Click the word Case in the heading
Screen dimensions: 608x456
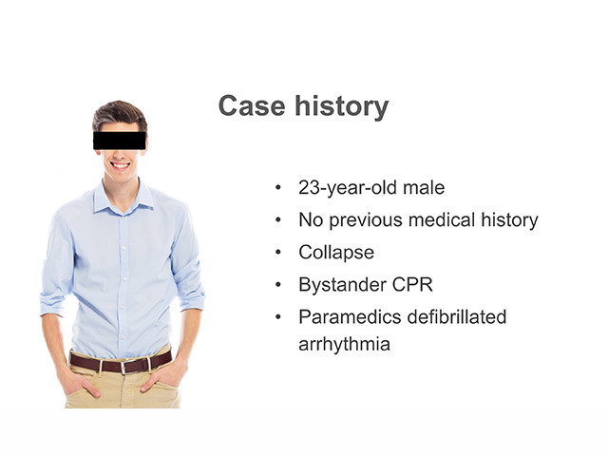tap(252, 105)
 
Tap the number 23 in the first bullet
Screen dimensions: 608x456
tap(310, 188)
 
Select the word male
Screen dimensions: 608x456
tap(424, 188)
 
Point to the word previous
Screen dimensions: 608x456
tap(366, 220)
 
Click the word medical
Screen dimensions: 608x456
tap(442, 219)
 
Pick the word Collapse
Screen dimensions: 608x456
tap(336, 253)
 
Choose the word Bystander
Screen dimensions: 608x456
tap(342, 285)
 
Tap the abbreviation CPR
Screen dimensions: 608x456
tap(412, 285)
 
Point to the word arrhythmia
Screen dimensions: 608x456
tap(344, 344)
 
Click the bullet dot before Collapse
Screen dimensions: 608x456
tap(278, 253)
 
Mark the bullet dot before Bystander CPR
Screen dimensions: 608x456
tap(278, 285)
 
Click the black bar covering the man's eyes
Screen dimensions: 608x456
tap(120, 141)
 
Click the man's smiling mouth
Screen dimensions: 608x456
tap(120, 166)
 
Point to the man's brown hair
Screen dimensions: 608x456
tap(120, 115)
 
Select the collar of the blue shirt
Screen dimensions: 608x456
tap(123, 198)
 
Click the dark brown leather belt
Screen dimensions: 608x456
tap(121, 364)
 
